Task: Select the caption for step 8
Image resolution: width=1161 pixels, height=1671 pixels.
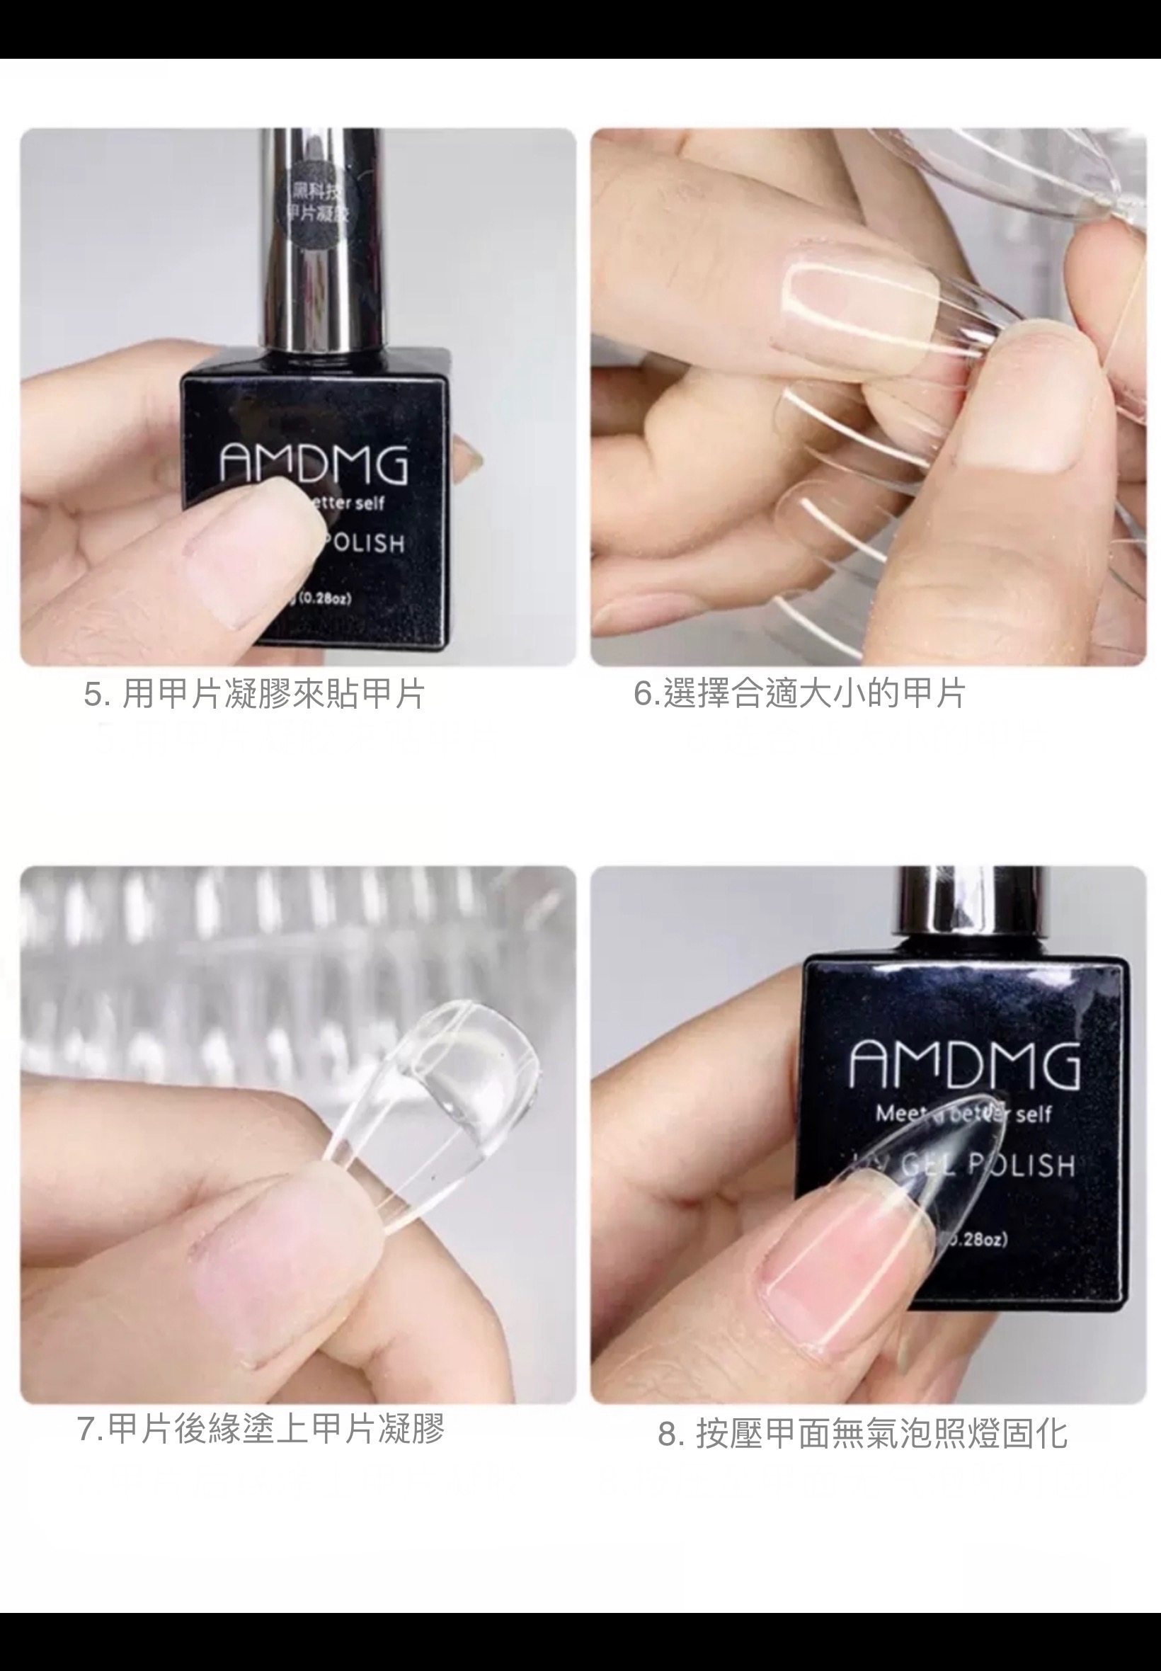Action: (x=863, y=1434)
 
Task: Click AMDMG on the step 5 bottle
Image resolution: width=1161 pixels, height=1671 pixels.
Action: (x=314, y=463)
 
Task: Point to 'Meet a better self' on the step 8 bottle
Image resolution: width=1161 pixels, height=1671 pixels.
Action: (x=964, y=1114)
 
